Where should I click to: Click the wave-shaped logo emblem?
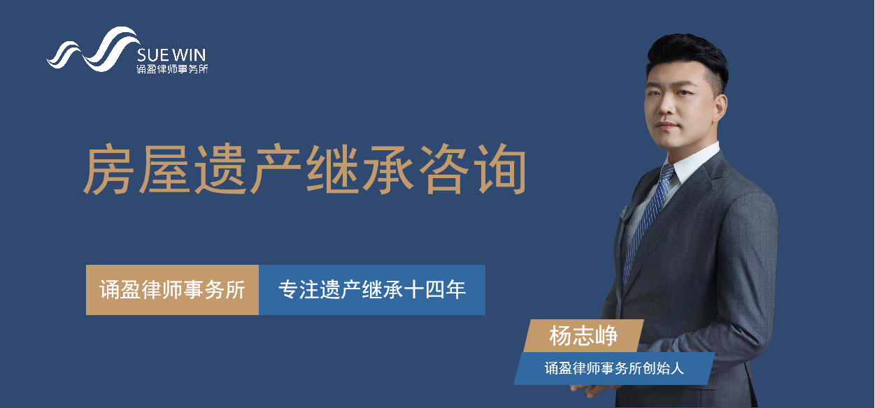point(94,50)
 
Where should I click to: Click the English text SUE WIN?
point(171,55)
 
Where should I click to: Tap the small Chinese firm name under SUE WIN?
point(172,69)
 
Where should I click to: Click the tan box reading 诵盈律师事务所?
point(172,290)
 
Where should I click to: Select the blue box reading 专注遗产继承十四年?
point(372,290)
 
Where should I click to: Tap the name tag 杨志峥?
point(583,336)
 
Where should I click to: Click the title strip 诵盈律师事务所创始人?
point(614,369)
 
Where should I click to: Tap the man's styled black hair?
point(688,59)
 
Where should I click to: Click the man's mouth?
point(667,126)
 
